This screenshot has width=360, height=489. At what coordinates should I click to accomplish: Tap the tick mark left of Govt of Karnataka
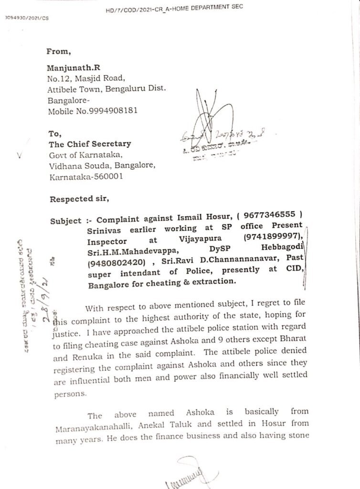[x=19, y=155]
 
